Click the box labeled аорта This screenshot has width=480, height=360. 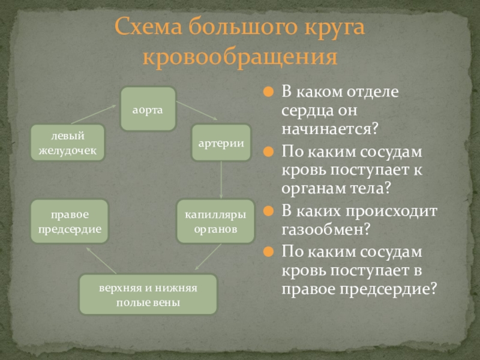coord(148,109)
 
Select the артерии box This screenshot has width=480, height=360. coord(221,143)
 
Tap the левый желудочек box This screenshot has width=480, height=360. coord(68,143)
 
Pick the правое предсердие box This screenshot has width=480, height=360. coord(70,221)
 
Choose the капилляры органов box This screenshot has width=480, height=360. coord(215,221)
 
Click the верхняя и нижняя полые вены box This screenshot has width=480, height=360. coord(148,294)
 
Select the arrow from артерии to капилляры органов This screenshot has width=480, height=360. coord(221,181)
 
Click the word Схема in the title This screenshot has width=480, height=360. coord(148,28)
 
